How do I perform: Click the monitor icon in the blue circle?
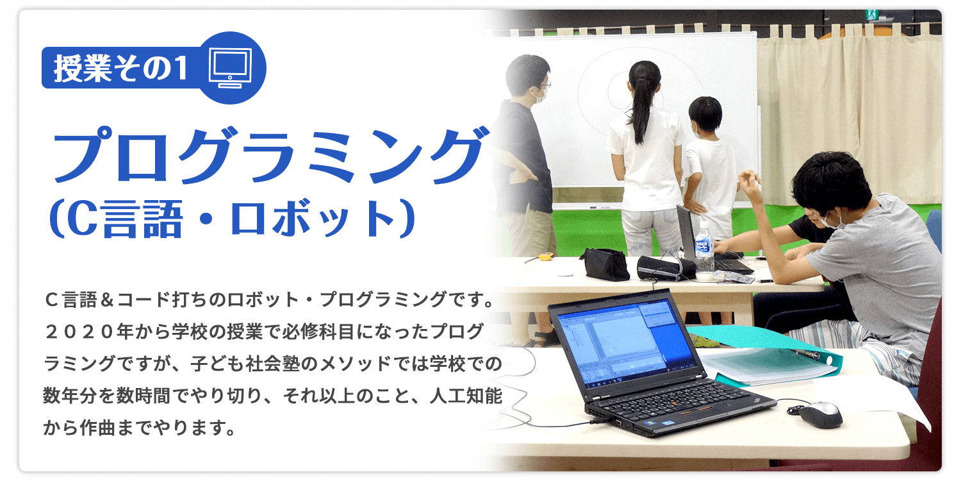coord(230,68)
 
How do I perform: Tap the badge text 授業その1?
coord(121,68)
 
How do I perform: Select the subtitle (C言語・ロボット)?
coord(232,218)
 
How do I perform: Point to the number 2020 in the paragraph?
coord(80,332)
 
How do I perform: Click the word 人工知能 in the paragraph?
coord(466,396)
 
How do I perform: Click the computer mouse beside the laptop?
coord(820,414)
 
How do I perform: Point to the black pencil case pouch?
coord(604,264)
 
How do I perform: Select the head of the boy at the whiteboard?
coord(705,114)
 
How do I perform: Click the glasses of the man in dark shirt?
coord(544,85)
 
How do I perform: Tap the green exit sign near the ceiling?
coord(871,14)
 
